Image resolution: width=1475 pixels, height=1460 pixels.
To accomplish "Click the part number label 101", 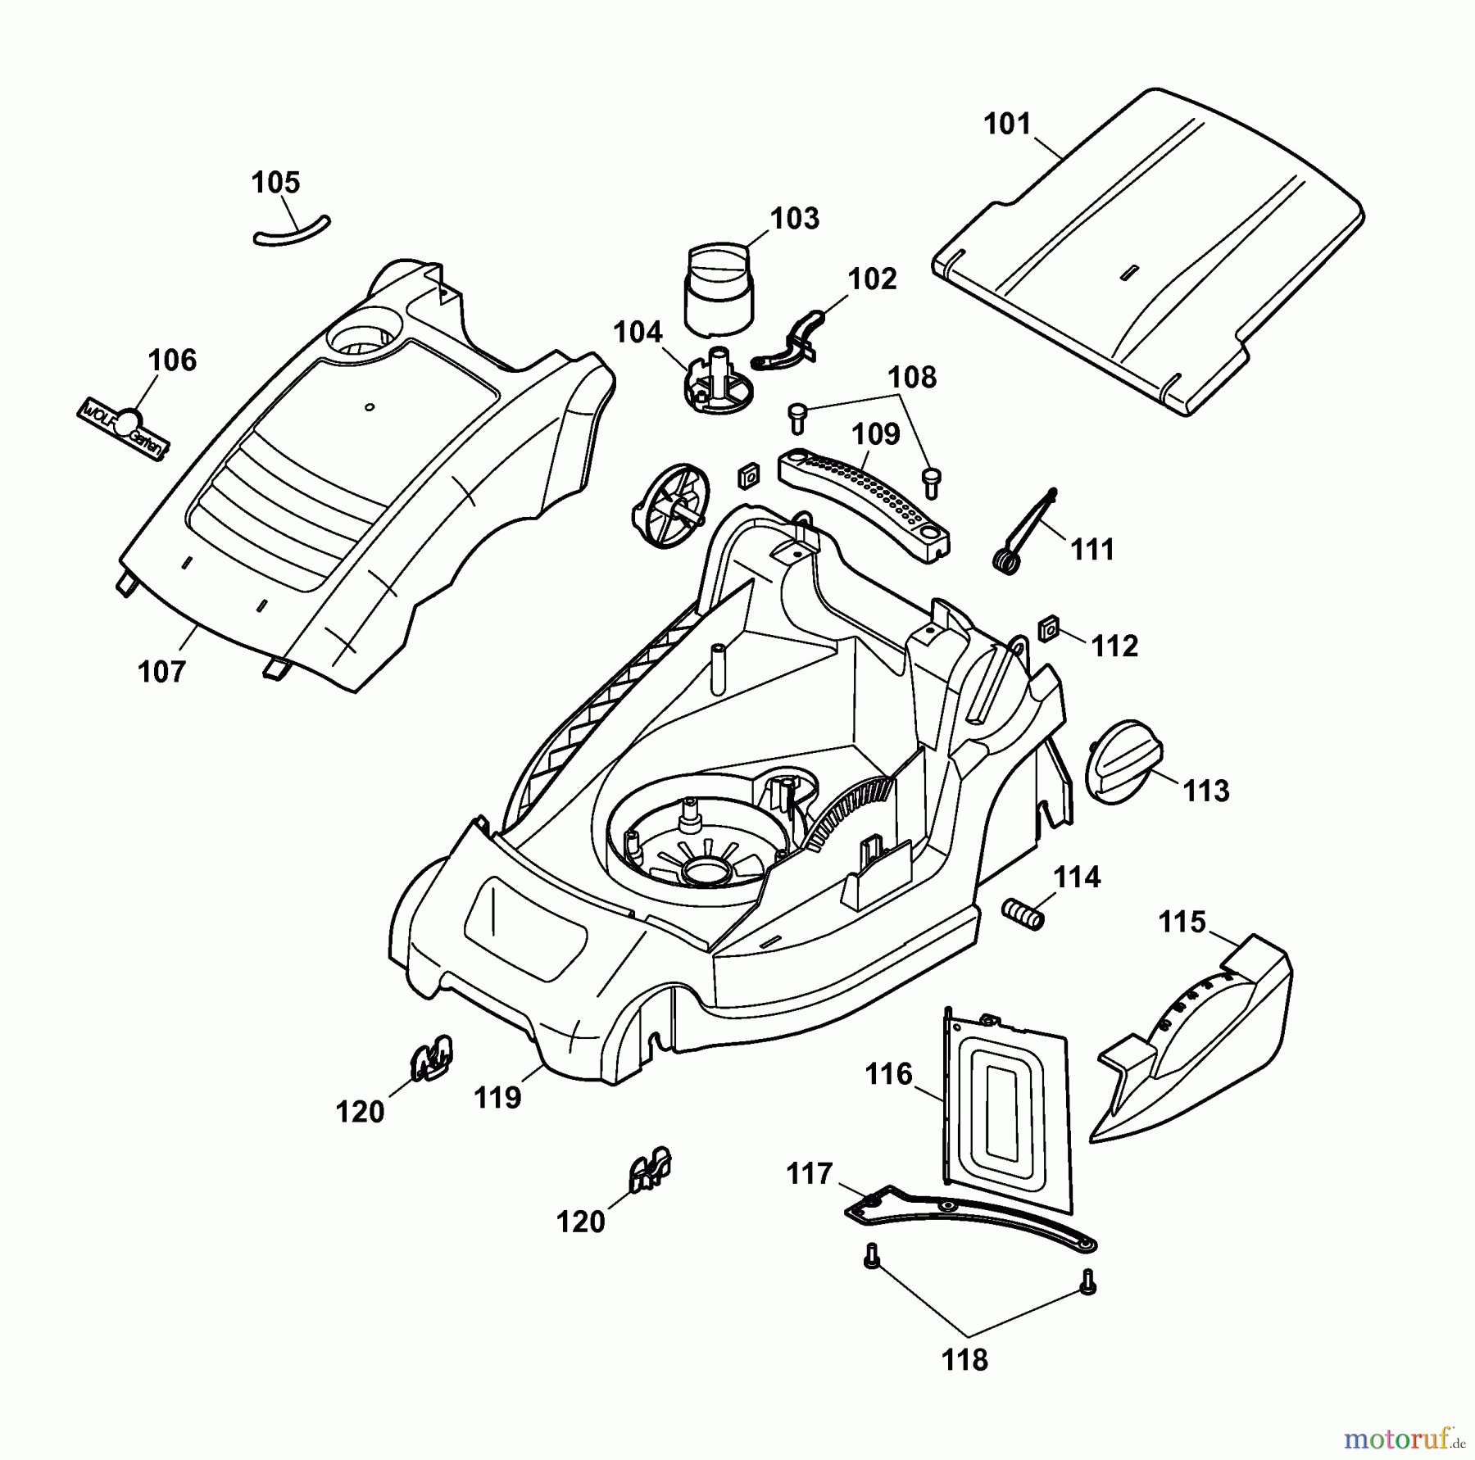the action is (x=1007, y=125).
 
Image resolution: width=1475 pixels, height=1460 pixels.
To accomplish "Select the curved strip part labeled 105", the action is (x=292, y=231).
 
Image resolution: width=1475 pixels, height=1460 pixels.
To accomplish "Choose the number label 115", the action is (x=1182, y=922).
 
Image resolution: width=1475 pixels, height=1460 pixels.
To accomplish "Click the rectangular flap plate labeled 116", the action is (x=1007, y=1109).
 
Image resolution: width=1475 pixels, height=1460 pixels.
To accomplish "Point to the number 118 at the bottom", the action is (x=964, y=1360).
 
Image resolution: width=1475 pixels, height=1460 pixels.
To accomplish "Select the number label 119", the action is (x=498, y=1097).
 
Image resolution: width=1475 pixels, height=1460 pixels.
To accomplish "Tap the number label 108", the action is (x=912, y=377).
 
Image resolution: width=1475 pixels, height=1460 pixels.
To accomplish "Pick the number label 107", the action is (x=161, y=672).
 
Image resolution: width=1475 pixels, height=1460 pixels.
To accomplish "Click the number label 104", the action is (x=638, y=332).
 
